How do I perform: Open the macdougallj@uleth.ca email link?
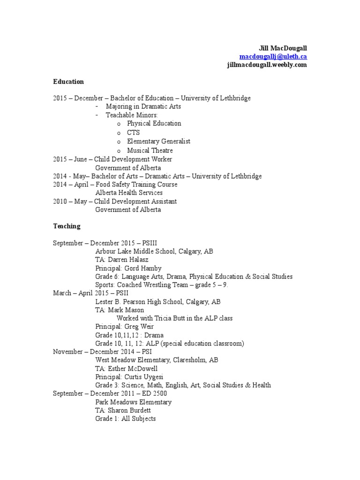(273, 57)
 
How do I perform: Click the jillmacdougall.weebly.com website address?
(267, 65)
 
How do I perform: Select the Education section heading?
(68, 82)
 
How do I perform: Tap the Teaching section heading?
(67, 226)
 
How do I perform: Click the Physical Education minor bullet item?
(154, 124)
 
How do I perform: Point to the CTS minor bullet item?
(133, 133)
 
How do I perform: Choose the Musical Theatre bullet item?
(150, 150)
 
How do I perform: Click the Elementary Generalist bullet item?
(158, 142)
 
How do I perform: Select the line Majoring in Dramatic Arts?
(143, 106)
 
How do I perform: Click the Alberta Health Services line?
(129, 193)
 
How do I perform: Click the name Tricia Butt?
(168, 318)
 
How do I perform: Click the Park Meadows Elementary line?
(133, 402)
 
